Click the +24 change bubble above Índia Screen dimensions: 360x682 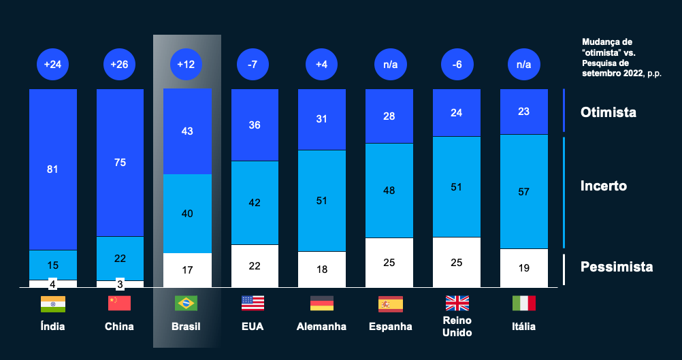click(x=52, y=65)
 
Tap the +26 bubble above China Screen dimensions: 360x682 click(x=120, y=65)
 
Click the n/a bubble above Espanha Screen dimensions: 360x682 click(x=389, y=65)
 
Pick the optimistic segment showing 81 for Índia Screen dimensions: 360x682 click(x=52, y=169)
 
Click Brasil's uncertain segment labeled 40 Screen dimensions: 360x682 click(x=187, y=214)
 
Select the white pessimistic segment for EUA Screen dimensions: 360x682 click(x=255, y=265)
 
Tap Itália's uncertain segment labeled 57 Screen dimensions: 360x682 click(x=523, y=192)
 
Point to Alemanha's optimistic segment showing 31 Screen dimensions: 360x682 click(x=322, y=119)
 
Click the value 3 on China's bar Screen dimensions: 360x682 click(x=120, y=283)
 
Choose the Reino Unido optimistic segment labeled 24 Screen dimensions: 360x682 click(x=456, y=113)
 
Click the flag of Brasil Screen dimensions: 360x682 click(x=186, y=304)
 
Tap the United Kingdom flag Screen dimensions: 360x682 click(x=456, y=304)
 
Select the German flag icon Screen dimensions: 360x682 click(x=321, y=304)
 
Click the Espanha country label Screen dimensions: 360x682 click(x=390, y=327)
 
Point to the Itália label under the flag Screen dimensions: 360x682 click(x=523, y=327)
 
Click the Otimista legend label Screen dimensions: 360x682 click(x=608, y=112)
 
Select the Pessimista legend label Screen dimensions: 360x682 click(x=616, y=267)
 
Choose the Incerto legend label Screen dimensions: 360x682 click(x=603, y=186)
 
